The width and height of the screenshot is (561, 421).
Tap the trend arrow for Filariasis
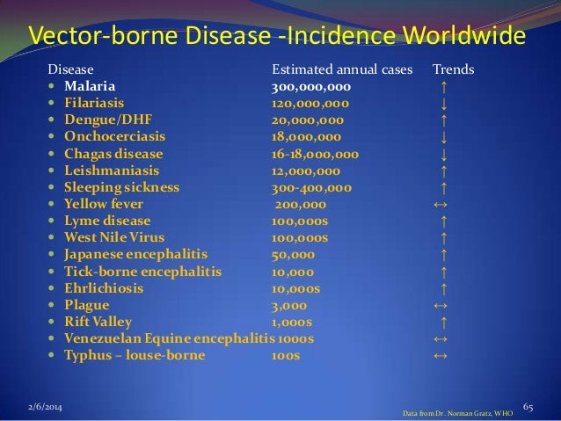(x=445, y=104)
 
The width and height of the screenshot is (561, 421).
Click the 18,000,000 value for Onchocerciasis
(x=308, y=137)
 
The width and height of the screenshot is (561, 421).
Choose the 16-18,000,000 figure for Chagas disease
(x=315, y=154)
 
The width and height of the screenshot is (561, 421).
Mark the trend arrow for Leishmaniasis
(x=445, y=171)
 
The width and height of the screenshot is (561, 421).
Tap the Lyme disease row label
(x=110, y=221)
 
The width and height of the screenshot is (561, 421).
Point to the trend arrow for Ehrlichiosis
(x=445, y=288)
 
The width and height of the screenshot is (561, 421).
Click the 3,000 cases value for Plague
(x=288, y=305)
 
